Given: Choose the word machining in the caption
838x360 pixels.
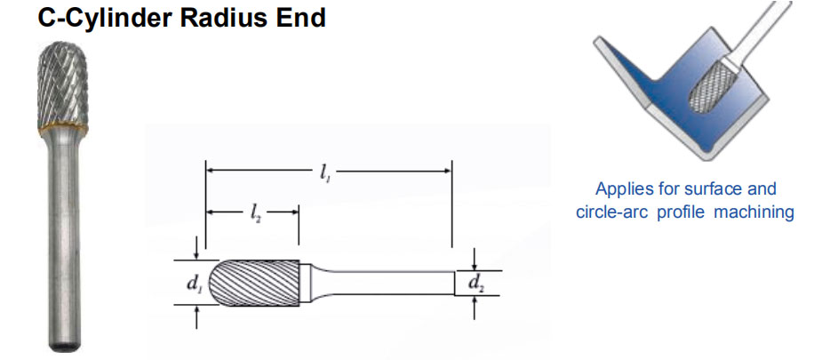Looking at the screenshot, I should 754,213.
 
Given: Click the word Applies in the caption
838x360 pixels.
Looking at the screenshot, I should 622,188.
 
